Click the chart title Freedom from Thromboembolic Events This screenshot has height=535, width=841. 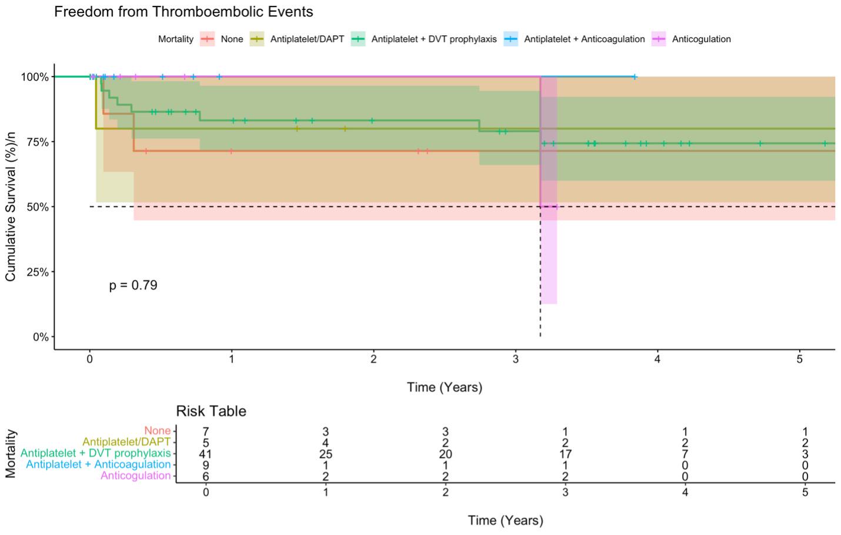183,12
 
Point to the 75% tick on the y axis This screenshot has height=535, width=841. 35,142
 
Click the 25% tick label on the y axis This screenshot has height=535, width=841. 35,272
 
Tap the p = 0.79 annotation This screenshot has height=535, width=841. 133,286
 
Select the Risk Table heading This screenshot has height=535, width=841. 211,411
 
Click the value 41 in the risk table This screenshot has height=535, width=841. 205,454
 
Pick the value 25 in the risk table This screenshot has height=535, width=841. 325,454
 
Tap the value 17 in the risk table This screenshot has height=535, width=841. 565,454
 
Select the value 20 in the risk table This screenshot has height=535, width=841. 445,454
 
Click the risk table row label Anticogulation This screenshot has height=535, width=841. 135,476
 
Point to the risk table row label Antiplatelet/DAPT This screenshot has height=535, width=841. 126,442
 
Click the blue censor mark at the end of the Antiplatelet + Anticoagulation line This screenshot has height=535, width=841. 635,77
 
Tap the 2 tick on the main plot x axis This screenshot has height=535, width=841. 373,359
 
